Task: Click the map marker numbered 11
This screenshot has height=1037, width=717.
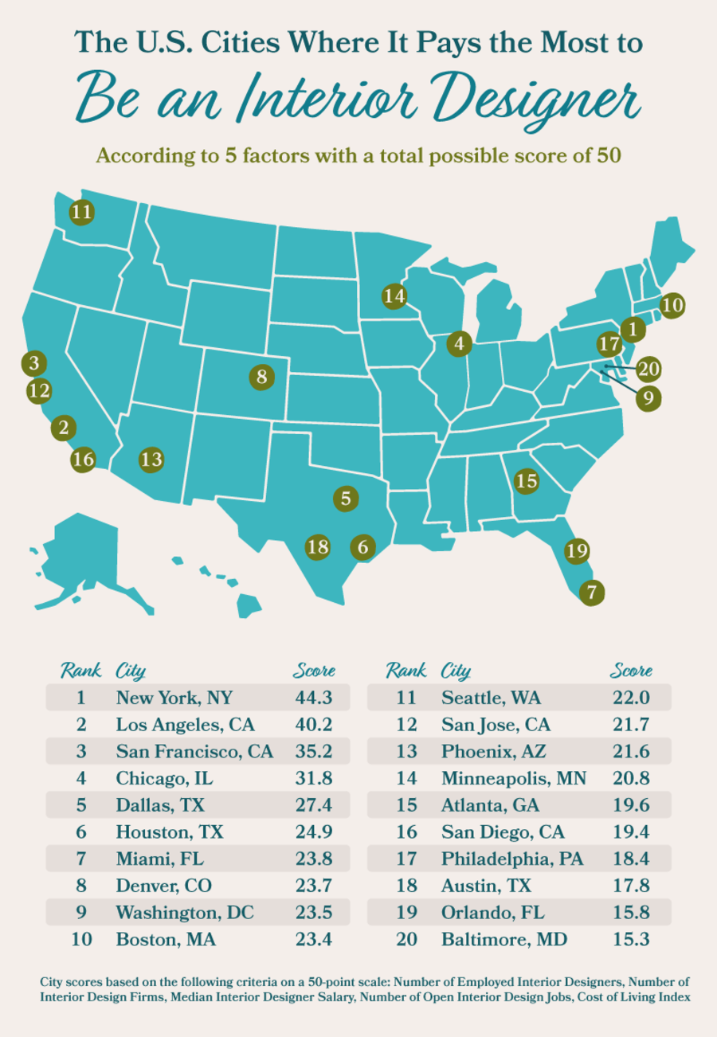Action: click(81, 212)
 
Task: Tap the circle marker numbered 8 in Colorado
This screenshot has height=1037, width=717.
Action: click(261, 376)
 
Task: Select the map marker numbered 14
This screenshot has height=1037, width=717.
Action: click(394, 296)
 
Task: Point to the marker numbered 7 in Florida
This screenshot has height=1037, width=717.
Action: click(591, 593)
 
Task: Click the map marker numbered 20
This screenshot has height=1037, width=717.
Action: click(649, 369)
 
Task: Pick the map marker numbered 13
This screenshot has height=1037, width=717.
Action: click(151, 460)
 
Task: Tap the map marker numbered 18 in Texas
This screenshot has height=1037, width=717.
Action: click(318, 546)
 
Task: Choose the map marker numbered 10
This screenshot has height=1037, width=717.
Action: click(672, 304)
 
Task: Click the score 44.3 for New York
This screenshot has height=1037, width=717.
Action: click(312, 698)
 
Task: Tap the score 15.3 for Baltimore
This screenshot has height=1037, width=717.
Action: click(631, 940)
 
